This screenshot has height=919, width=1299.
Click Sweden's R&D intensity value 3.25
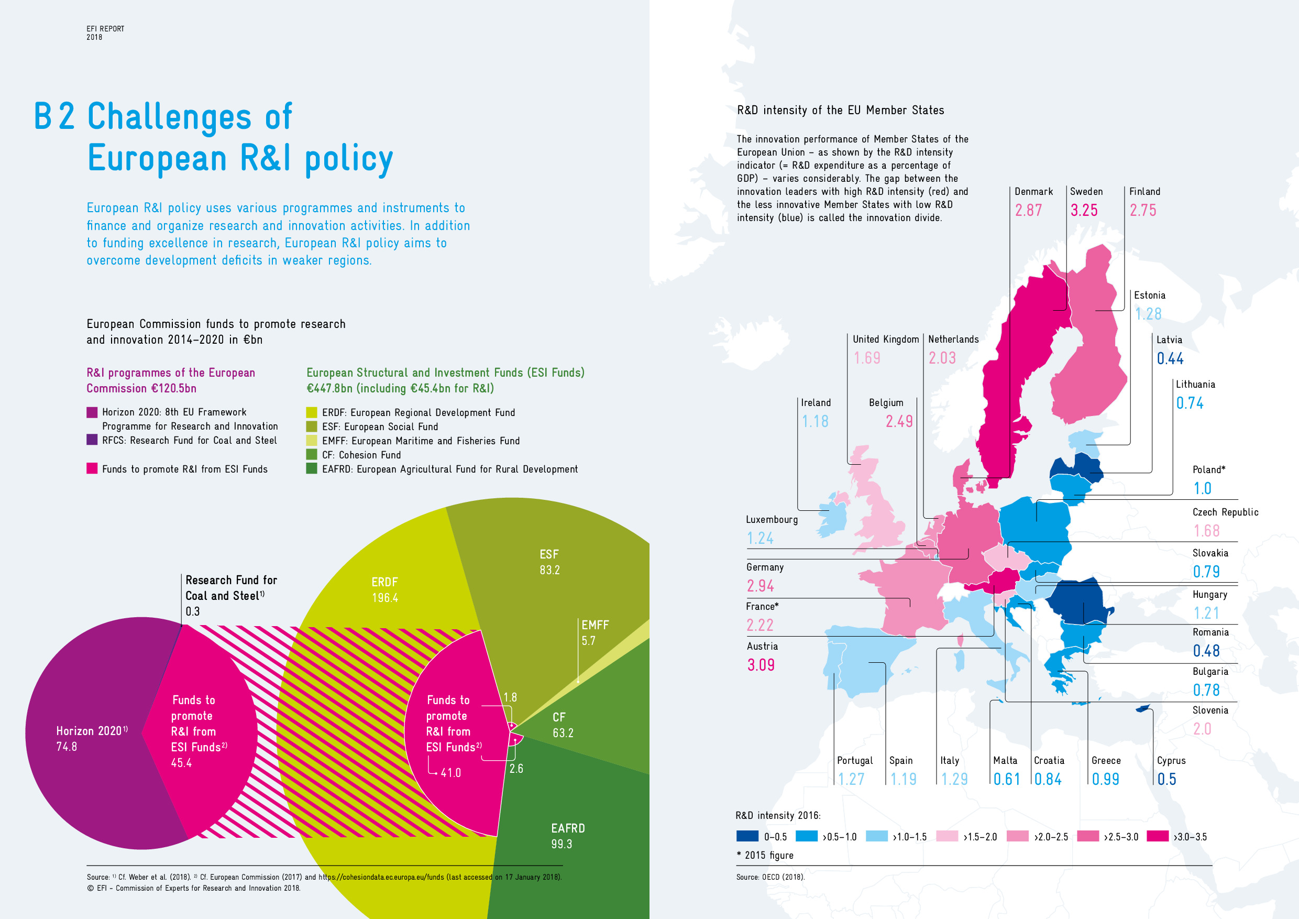click(x=1083, y=211)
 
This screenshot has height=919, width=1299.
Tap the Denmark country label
click(x=1033, y=192)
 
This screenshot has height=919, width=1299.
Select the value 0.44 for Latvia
click(x=1170, y=359)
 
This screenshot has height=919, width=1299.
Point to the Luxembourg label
click(x=771, y=519)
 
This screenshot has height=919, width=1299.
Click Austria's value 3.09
click(x=761, y=665)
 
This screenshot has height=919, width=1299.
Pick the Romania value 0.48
click(x=1206, y=651)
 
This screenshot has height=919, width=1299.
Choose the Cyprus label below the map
click(x=1171, y=761)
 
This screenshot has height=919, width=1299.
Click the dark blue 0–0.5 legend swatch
click(x=747, y=836)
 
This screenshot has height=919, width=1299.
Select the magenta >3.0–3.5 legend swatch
click(x=1157, y=836)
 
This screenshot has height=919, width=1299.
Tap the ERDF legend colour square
click(x=311, y=412)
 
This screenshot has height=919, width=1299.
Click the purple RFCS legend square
click(x=92, y=440)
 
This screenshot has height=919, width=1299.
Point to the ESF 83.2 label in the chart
click(x=549, y=562)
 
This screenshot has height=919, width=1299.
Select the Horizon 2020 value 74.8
click(x=66, y=747)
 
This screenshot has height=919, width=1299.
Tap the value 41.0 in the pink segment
click(x=450, y=773)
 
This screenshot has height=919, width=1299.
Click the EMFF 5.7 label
click(x=595, y=632)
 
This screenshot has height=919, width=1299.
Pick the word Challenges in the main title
click(x=169, y=117)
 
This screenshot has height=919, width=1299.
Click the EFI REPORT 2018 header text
click(x=105, y=33)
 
